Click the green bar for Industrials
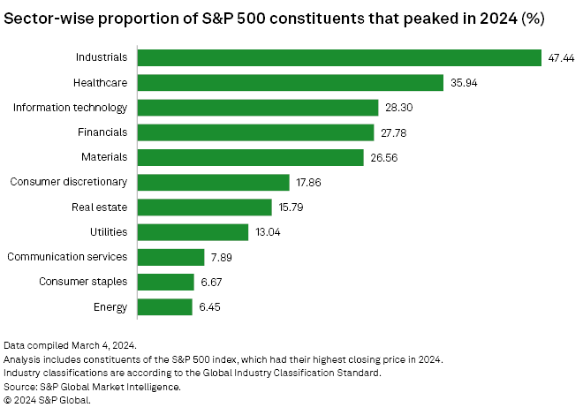tap(340, 57)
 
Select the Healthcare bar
tap(291, 82)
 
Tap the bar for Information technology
tap(259, 108)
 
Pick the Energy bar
tap(165, 307)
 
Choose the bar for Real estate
tap(205, 207)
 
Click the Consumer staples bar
tap(166, 282)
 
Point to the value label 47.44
tap(562, 57)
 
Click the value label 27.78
tap(395, 132)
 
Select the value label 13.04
tap(269, 232)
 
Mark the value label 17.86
tap(310, 183)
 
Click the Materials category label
tap(105, 157)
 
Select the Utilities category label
tap(108, 232)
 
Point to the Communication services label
tap(67, 257)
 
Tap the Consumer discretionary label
tap(69, 183)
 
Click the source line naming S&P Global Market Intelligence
tap(92, 386)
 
